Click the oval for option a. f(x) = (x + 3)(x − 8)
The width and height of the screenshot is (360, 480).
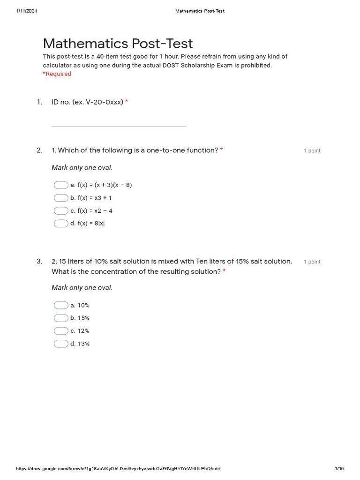(61, 185)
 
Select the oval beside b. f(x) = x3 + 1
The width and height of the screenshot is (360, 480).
(61, 198)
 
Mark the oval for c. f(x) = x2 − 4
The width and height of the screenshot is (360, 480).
(61, 210)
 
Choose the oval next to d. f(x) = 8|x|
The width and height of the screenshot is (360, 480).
(61, 223)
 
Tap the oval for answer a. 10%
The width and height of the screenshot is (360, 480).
(61, 305)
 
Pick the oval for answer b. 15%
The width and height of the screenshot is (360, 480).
(61, 318)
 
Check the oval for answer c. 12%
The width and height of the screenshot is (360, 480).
(61, 330)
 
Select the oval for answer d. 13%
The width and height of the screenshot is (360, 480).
(61, 344)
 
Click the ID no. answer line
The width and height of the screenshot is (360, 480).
(119, 125)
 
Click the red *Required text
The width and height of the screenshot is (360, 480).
(57, 74)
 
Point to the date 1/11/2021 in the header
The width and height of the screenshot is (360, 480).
(27, 11)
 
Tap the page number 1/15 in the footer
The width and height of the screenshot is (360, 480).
(339, 469)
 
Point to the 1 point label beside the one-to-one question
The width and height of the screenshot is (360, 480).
(312, 151)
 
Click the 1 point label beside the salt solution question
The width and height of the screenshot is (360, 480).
(312, 262)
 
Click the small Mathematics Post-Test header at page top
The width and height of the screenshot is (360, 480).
(200, 11)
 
